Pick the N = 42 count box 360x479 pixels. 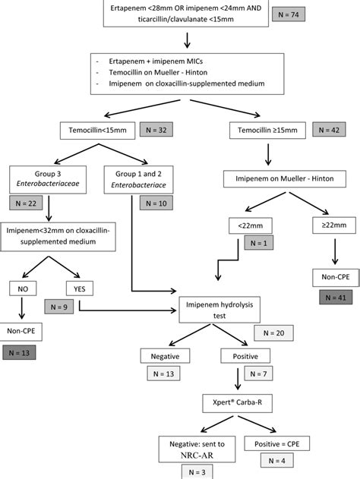tap(330, 130)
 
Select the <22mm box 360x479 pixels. tap(245, 225)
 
